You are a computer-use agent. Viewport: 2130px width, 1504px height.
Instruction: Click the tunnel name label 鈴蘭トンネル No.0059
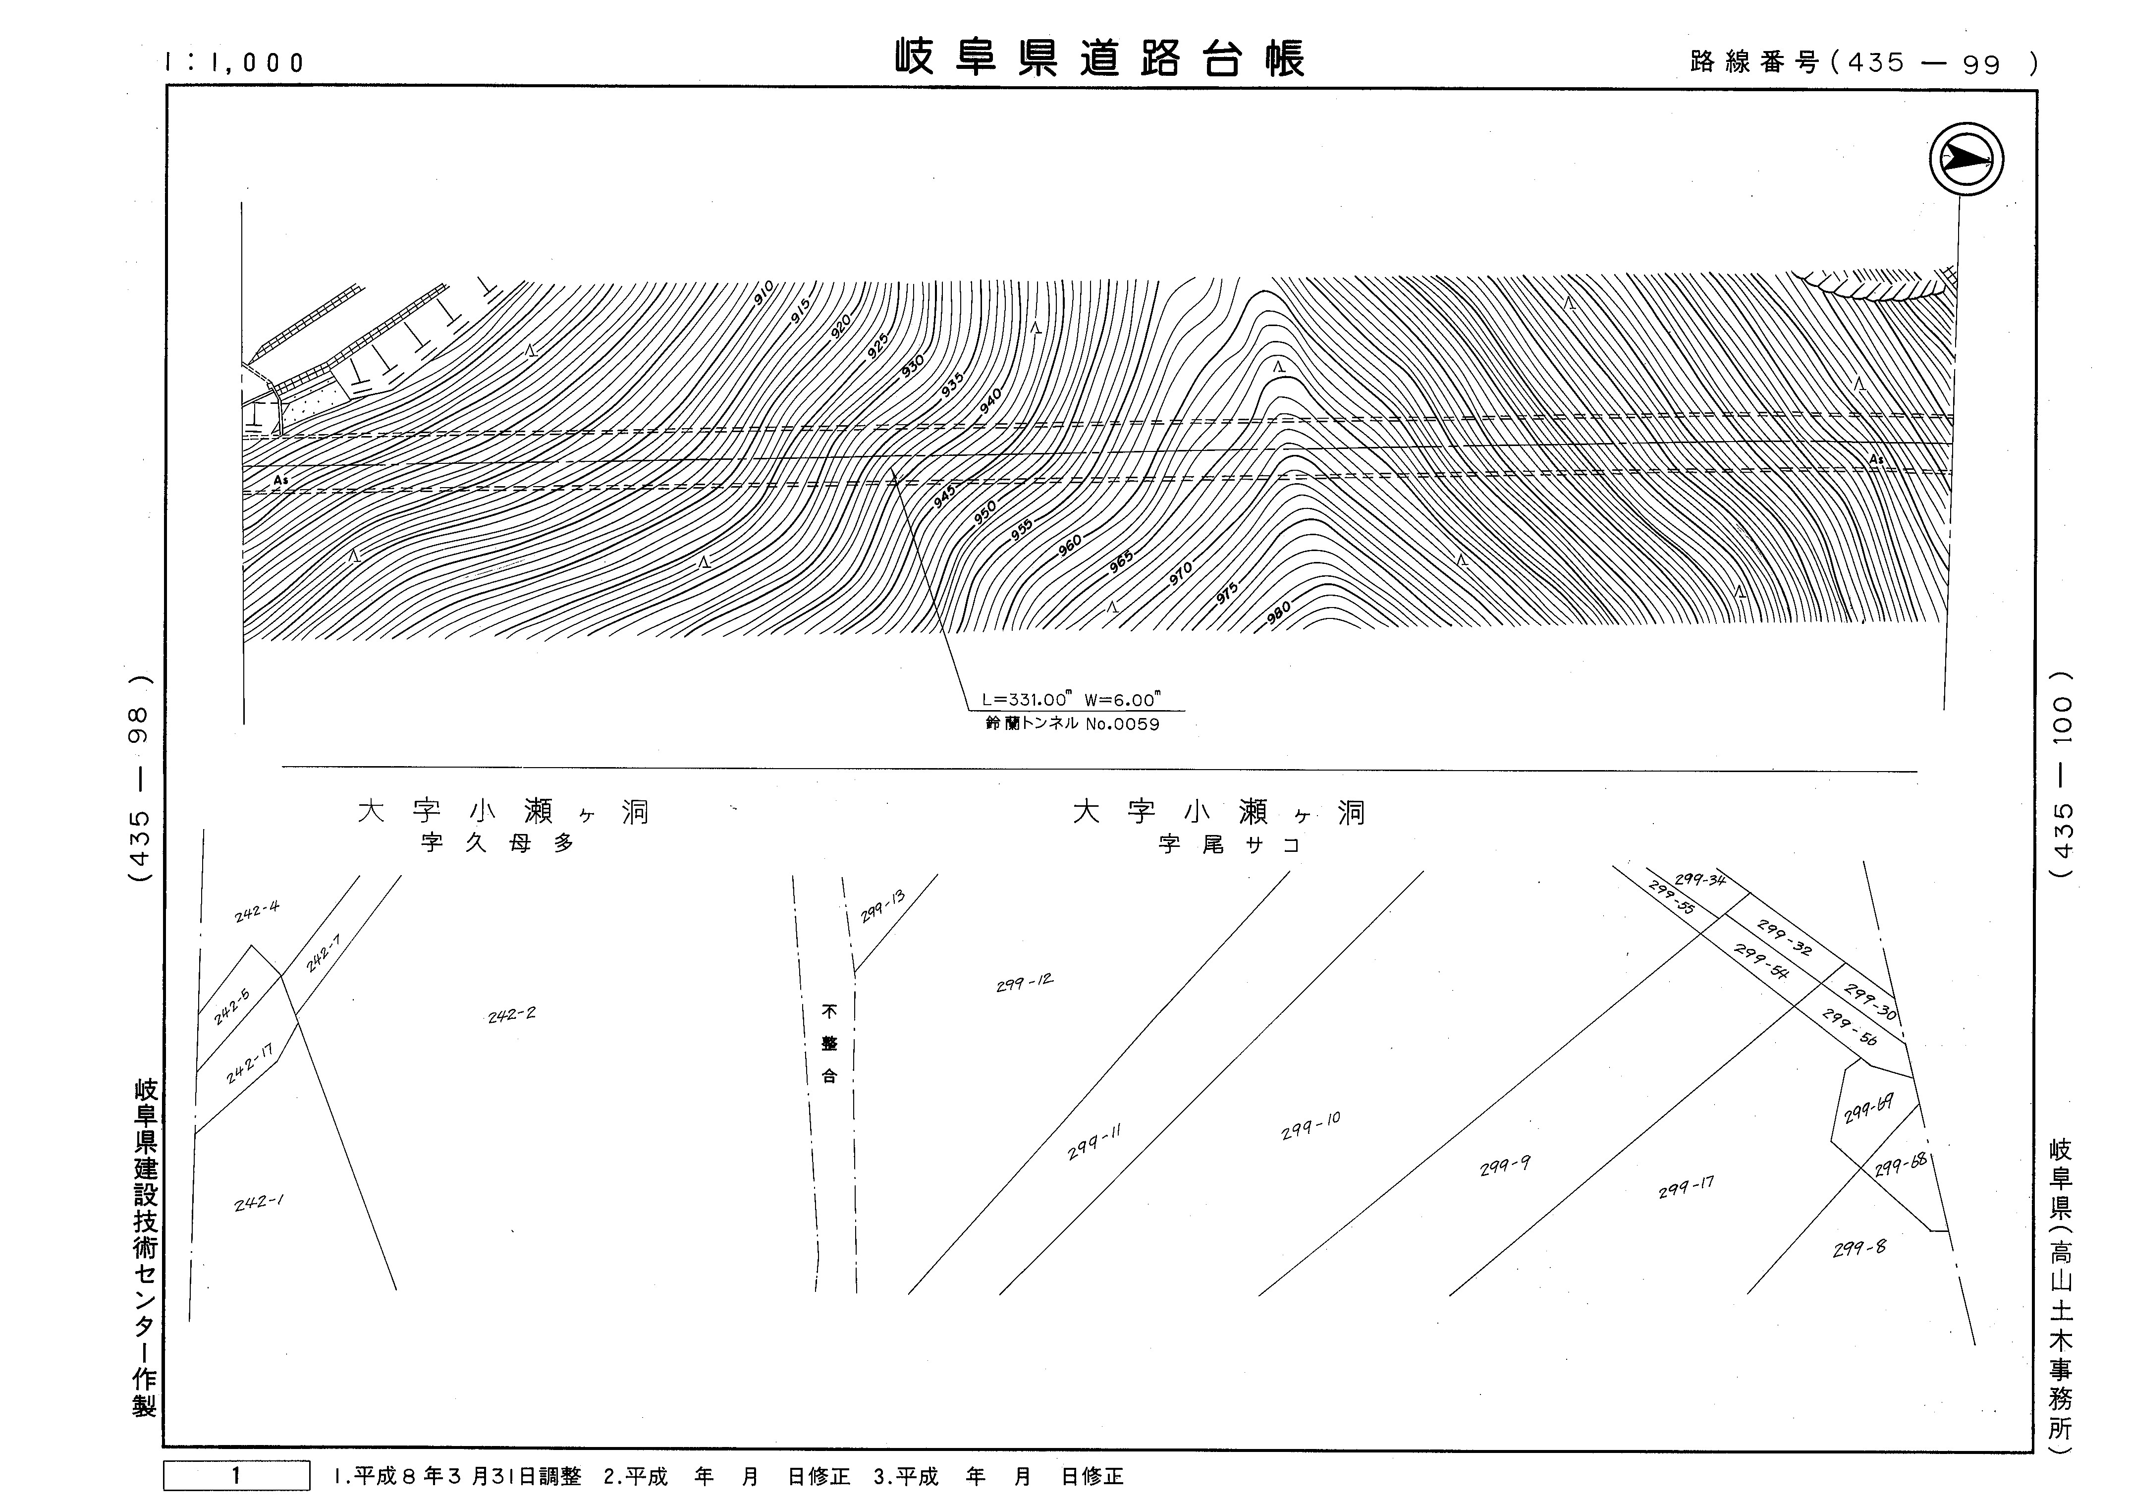pyautogui.click(x=1072, y=724)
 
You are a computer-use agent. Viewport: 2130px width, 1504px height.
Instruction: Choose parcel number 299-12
pyautogui.click(x=1024, y=983)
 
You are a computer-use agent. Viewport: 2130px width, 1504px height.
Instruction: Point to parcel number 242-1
pyautogui.click(x=259, y=1203)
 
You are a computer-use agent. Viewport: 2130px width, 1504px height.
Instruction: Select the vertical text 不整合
pyautogui.click(x=829, y=1044)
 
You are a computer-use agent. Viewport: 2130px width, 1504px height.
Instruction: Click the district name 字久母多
pyautogui.click(x=497, y=843)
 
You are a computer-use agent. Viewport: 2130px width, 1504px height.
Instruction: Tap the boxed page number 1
pyautogui.click(x=236, y=1475)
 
